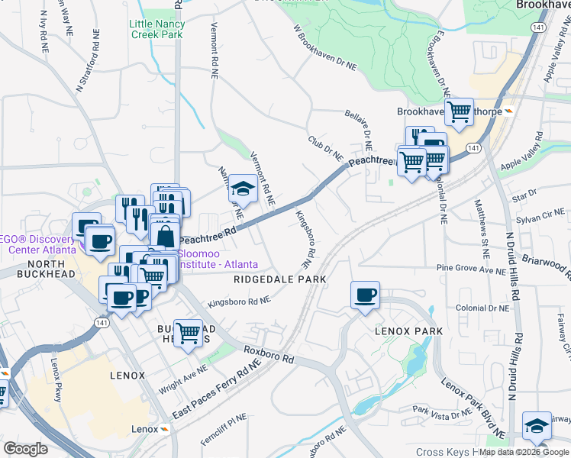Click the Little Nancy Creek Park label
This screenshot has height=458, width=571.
[x=156, y=30]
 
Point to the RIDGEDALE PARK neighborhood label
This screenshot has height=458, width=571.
[x=280, y=279]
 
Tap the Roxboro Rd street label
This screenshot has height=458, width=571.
[x=269, y=354]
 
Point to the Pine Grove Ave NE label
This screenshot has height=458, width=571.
[x=471, y=269]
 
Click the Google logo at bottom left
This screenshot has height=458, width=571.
[x=25, y=449]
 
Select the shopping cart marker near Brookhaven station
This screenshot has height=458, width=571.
[x=459, y=112]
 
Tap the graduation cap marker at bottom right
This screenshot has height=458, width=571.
[x=537, y=426]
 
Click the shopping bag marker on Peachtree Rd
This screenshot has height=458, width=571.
[x=165, y=235]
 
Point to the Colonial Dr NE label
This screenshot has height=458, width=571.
[x=482, y=308]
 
